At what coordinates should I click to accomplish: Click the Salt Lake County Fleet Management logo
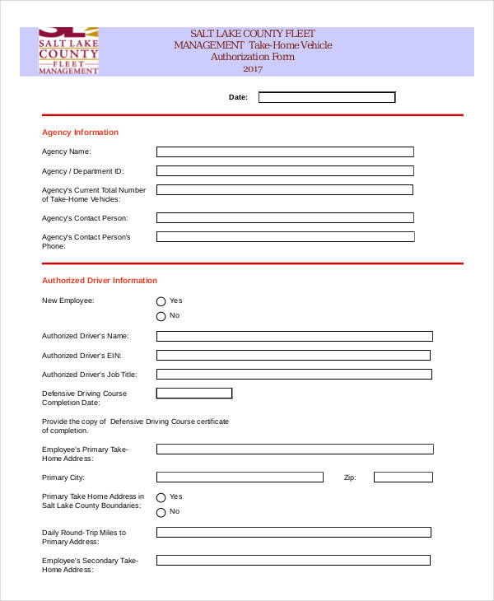(68, 52)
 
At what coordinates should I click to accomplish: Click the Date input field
(327, 97)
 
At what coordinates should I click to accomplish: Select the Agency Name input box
(285, 151)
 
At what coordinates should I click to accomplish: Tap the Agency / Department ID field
(285, 171)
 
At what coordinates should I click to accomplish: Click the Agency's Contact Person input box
(285, 218)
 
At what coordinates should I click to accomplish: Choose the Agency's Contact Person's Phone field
(285, 236)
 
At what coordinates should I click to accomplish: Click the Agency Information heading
(80, 133)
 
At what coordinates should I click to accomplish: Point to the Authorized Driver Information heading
(99, 281)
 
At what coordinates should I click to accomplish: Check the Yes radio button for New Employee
(161, 301)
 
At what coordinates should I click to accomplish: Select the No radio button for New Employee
(161, 316)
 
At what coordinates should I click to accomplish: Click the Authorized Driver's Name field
(294, 336)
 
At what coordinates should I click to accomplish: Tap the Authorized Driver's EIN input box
(293, 356)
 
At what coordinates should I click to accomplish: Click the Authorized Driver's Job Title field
(294, 375)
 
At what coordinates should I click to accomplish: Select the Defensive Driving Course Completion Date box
(194, 394)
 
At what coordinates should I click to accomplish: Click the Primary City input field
(240, 478)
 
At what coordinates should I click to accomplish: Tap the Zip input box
(403, 478)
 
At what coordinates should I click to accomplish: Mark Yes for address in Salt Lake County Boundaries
(161, 497)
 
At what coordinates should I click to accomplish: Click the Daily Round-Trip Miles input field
(293, 533)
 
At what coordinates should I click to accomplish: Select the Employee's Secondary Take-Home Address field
(293, 561)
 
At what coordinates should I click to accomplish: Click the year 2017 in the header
(253, 69)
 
